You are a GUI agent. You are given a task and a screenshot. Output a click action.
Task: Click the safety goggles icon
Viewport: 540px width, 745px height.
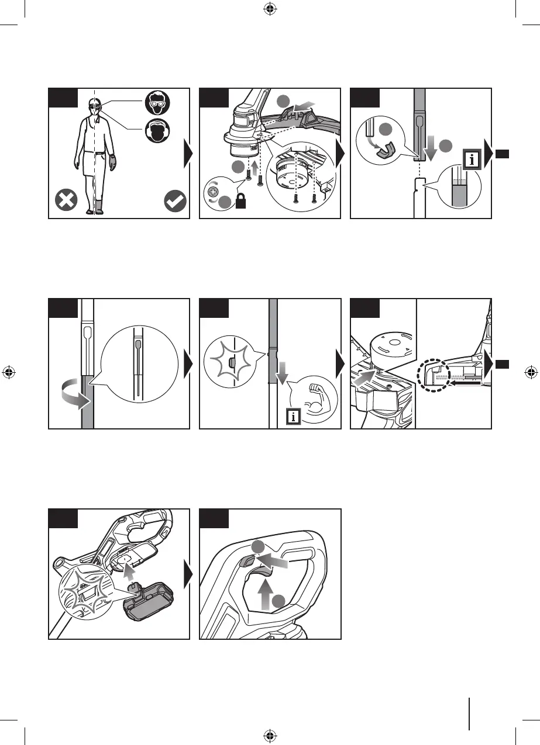(157, 105)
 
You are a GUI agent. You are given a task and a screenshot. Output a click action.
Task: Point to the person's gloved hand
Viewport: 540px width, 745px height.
(112, 161)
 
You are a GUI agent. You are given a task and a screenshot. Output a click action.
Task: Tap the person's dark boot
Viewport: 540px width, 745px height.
(99, 206)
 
